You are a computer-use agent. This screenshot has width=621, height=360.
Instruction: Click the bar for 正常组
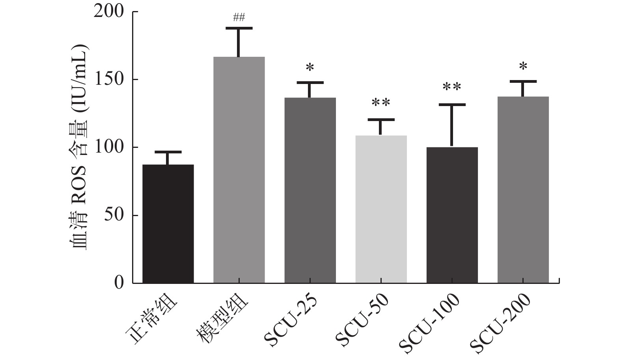tap(168, 224)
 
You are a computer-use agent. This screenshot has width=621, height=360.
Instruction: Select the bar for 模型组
tap(239, 170)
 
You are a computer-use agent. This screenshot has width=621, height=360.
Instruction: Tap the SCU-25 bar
tap(310, 190)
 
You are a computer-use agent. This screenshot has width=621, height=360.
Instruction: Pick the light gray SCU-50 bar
tap(381, 209)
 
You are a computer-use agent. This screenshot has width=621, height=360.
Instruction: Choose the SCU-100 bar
tap(452, 215)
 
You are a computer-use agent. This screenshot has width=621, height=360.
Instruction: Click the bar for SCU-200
tap(523, 190)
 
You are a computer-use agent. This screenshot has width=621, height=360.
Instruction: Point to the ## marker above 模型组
tap(239, 17)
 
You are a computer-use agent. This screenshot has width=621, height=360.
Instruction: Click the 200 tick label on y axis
tap(108, 12)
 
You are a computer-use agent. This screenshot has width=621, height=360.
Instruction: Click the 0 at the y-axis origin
tap(119, 283)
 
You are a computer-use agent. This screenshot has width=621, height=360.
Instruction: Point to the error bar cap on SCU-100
tap(452, 104)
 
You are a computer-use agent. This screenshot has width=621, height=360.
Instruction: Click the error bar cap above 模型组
tap(239, 28)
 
